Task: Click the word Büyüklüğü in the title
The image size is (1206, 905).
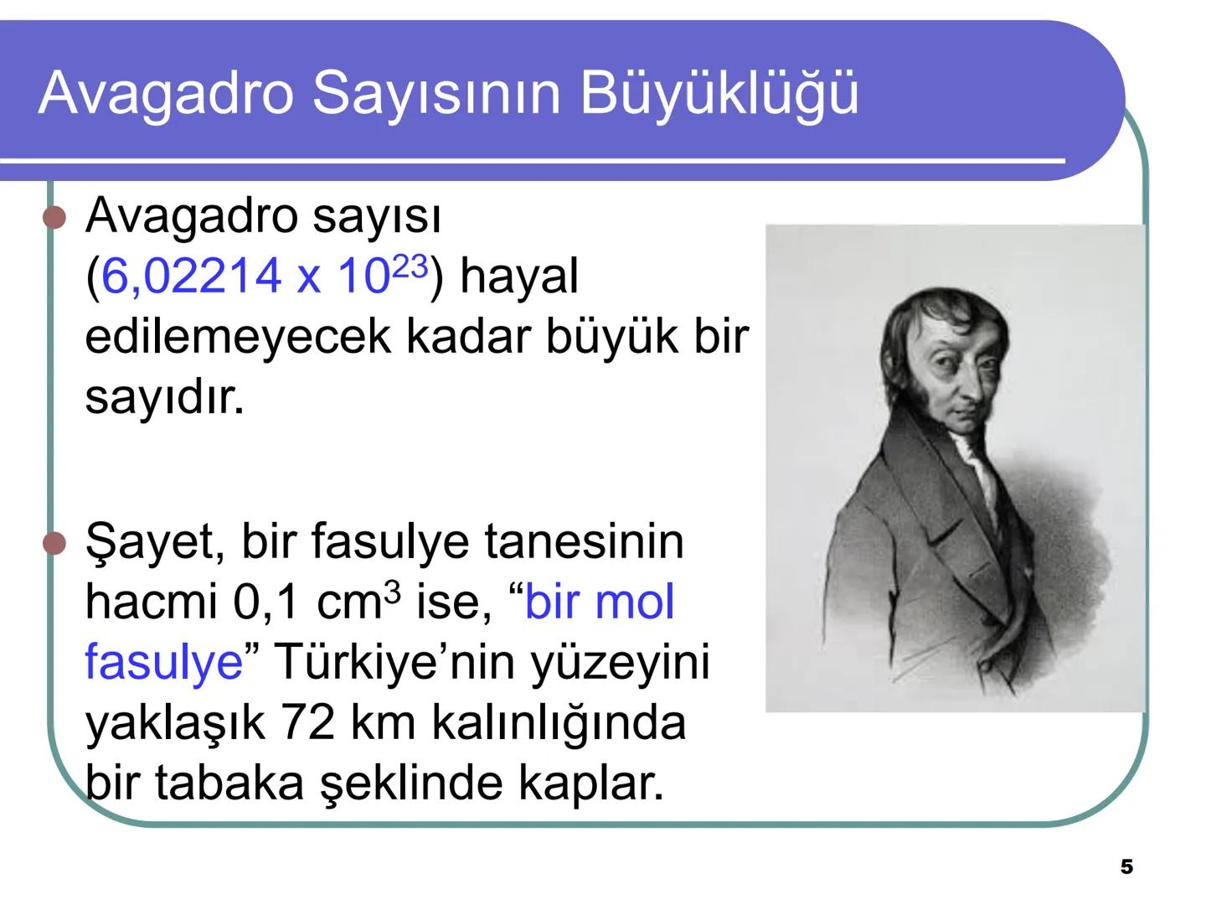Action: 719,92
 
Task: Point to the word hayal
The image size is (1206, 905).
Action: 519,276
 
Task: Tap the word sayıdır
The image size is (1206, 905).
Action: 164,397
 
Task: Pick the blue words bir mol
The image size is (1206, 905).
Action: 599,602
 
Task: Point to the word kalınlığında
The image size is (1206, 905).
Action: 559,722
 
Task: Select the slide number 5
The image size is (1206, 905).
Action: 1126,867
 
